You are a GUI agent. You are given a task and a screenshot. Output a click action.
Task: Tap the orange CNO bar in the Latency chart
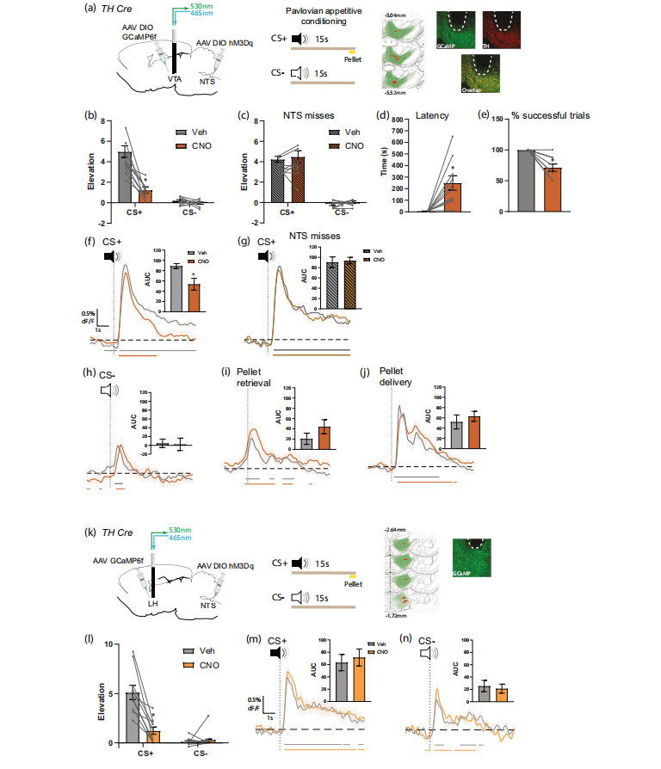click(453, 197)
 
